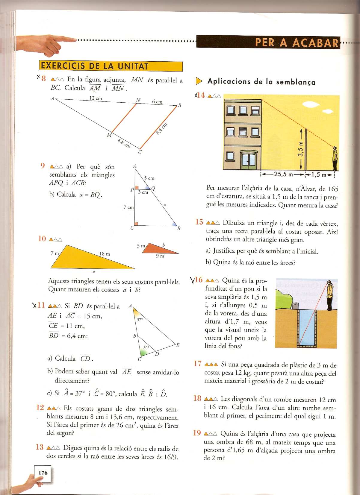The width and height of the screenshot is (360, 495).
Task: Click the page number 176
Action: click(x=43, y=473)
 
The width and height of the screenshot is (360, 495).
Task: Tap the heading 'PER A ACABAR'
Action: click(x=297, y=42)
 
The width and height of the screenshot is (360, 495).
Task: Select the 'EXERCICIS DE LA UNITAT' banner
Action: click(x=111, y=66)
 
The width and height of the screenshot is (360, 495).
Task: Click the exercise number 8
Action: click(x=44, y=79)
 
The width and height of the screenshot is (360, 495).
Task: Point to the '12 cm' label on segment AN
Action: click(x=96, y=98)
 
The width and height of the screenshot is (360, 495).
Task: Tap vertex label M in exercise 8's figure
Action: click(x=109, y=135)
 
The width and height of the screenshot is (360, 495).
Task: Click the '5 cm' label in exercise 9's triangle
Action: click(x=149, y=178)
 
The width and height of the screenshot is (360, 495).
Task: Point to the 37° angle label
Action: click(x=140, y=320)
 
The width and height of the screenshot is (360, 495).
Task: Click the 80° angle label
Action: click(x=146, y=348)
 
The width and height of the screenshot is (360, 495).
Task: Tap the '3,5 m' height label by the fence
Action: click(x=301, y=148)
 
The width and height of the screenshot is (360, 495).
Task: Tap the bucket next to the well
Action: click(x=295, y=306)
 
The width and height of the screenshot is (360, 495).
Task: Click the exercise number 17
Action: click(x=198, y=364)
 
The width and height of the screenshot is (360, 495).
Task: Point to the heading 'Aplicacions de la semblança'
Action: click(x=261, y=82)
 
